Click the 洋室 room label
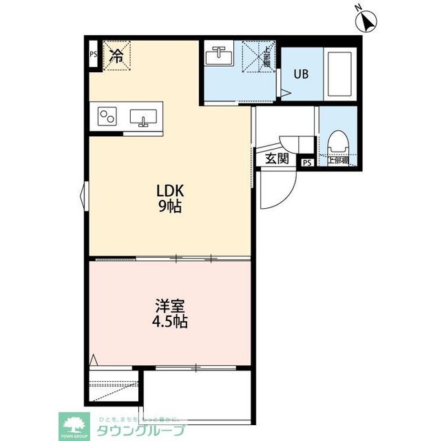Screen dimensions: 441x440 pos(169,305)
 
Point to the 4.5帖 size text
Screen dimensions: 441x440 pos(169,320)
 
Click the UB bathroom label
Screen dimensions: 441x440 pos(302,74)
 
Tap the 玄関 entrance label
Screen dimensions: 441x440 pos(277,159)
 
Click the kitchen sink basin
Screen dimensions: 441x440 pos(143,116)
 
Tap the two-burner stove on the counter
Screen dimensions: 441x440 pos(108,116)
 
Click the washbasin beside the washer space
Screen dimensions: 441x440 pos(220,55)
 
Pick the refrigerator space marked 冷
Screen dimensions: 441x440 pos(117,56)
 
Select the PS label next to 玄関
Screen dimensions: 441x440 pos(306,163)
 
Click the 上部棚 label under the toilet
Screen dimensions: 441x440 pos(338,162)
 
